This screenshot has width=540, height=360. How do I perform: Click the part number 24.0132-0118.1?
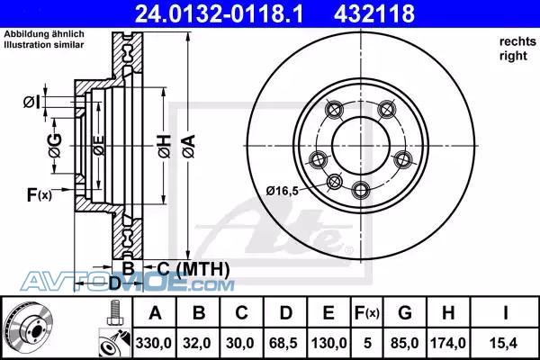point(219,13)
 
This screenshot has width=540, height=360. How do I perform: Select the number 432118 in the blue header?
point(374,13)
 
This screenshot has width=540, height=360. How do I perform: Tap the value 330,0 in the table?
point(154,343)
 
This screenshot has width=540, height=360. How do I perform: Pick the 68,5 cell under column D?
point(283,343)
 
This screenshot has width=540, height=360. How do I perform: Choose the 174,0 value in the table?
point(447,343)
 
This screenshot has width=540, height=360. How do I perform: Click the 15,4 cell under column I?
point(505,343)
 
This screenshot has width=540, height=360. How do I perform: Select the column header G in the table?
point(405,313)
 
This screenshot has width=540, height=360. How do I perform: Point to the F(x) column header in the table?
point(367,313)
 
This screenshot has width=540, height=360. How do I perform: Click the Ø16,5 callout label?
point(282,191)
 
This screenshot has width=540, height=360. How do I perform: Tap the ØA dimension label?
point(189,146)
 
